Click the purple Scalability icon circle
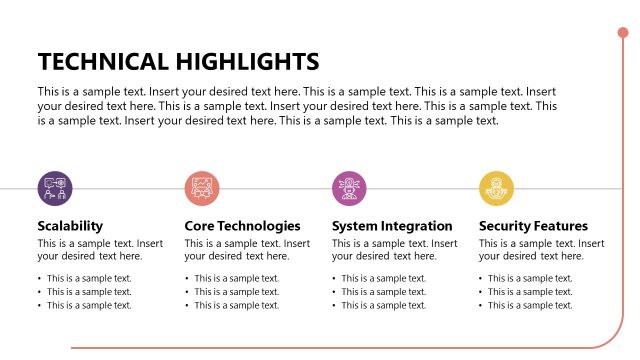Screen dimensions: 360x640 coord(55,187)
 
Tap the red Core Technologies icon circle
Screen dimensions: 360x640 coord(202,187)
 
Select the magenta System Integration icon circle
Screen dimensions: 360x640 coord(349,187)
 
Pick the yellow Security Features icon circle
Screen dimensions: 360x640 coord(496,187)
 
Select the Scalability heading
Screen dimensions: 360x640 coord(70,226)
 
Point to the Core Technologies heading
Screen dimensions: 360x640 coord(242,226)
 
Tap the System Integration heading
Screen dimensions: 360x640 coord(392,226)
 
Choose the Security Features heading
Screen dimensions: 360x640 coord(533,226)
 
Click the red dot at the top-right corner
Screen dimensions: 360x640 coord(623,34)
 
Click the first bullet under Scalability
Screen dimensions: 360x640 coord(89,279)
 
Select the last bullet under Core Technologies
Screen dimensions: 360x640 coord(237,305)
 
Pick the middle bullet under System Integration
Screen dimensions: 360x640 coord(384,292)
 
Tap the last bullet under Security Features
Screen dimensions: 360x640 coord(530,305)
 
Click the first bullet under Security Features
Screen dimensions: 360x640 coord(530,279)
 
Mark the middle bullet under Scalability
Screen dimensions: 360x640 coord(89,292)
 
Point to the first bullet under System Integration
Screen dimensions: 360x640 coord(384,279)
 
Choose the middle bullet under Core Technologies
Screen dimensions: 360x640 coord(237,292)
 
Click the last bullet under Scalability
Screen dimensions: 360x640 coord(89,305)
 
